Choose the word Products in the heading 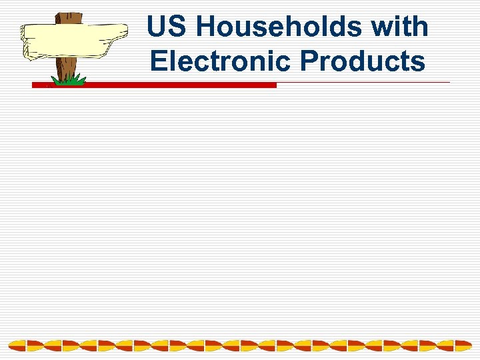coord(363,61)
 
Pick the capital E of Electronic coord(158,61)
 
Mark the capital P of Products coord(309,61)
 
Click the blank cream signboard coord(70,40)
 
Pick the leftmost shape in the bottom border coord(17,345)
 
